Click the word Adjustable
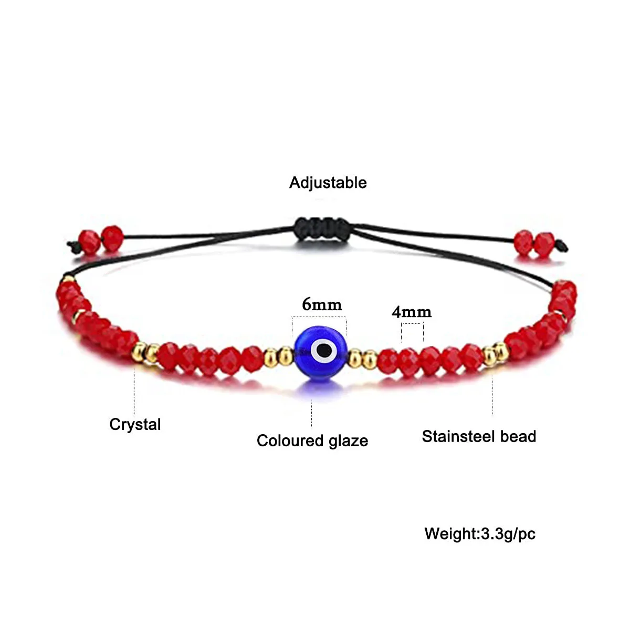(328, 183)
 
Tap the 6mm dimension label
(321, 304)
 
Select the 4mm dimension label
(411, 312)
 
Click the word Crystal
(135, 424)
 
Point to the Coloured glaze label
(312, 440)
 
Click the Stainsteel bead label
(479, 436)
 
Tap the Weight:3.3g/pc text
(480, 534)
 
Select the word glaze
(348, 441)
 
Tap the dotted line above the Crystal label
(134, 388)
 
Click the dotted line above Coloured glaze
(312, 412)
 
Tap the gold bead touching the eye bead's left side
(285, 357)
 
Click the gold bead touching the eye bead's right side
(355, 359)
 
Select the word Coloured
(290, 440)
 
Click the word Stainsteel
(458, 436)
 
